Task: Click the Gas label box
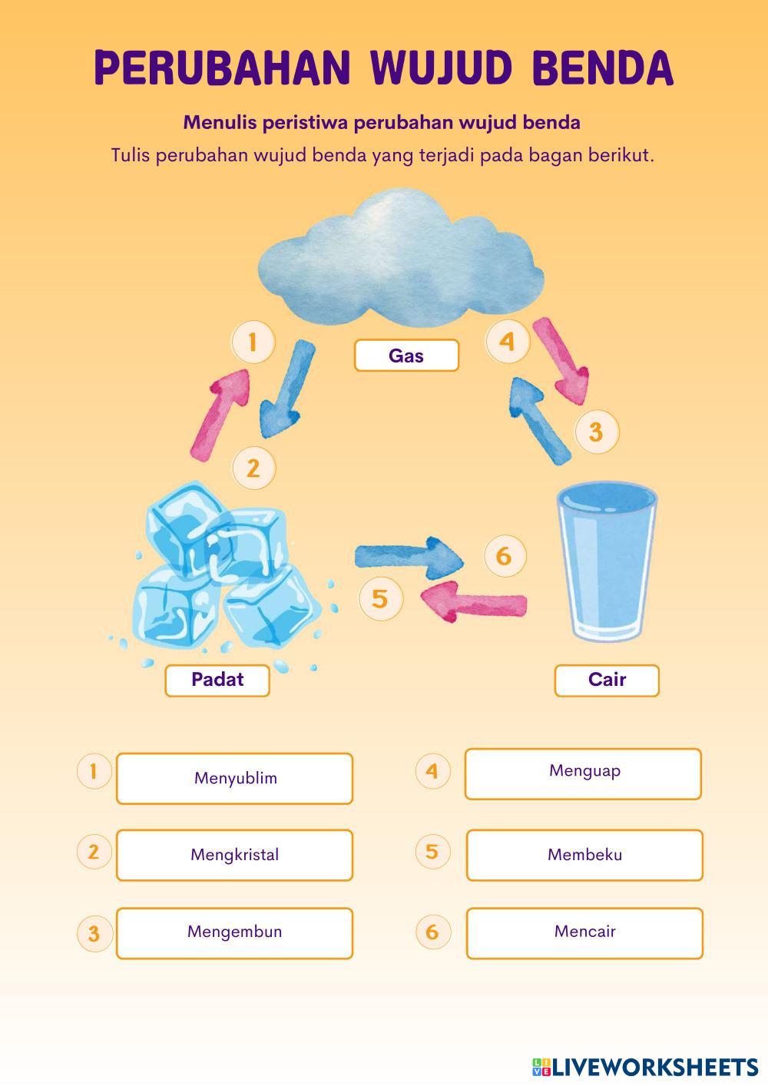point(406,356)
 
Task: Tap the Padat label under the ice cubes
point(217,680)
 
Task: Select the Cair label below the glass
point(607,680)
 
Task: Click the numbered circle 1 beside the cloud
point(253,341)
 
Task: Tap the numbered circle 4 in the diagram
point(507,341)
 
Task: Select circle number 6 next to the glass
point(504,555)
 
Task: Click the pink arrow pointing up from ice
point(223,415)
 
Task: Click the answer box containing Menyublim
point(234,778)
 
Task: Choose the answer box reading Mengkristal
point(234,855)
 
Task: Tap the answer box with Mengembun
point(234,932)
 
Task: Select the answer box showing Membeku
point(584,855)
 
